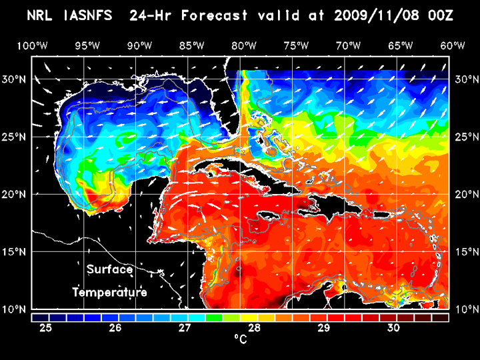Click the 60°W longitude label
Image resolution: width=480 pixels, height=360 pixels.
click(x=453, y=45)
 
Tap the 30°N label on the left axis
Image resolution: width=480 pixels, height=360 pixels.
click(x=15, y=79)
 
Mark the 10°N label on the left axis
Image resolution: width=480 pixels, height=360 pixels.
click(x=15, y=309)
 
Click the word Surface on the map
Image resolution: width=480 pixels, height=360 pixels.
click(x=110, y=270)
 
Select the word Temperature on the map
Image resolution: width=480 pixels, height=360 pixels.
click(x=110, y=292)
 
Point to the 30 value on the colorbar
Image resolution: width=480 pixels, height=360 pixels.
click(x=393, y=328)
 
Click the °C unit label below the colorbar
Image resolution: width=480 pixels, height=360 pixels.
click(x=240, y=340)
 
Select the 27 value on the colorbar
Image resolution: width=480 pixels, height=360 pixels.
click(x=185, y=328)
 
